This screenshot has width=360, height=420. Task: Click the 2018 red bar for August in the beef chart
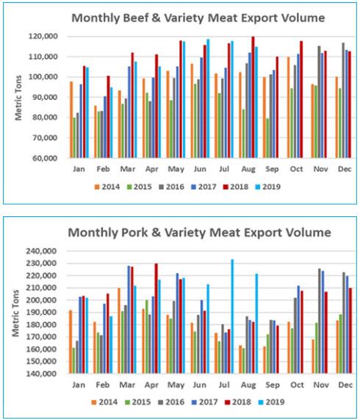click(x=253, y=97)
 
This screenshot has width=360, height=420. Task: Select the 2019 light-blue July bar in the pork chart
click(x=232, y=316)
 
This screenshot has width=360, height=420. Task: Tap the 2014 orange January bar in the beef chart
click(x=71, y=119)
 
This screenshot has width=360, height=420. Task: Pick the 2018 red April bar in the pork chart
click(x=156, y=318)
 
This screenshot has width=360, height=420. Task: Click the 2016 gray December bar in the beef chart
click(x=343, y=100)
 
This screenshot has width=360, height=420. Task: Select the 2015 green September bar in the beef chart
click(x=267, y=138)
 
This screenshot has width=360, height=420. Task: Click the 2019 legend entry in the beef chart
click(x=268, y=187)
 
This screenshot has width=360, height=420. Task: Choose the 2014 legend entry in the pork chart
click(x=104, y=402)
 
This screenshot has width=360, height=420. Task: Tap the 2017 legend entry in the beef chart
click(x=204, y=187)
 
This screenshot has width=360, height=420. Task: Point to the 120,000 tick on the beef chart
click(x=43, y=36)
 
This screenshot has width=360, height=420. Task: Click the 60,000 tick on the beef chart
click(x=45, y=157)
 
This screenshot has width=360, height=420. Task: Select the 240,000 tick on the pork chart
click(x=41, y=251)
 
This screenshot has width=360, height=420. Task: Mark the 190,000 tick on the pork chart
click(x=41, y=313)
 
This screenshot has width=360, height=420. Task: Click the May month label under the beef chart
click(x=176, y=169)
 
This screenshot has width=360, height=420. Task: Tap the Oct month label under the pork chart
click(x=297, y=385)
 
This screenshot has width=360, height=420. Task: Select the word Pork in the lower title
click(x=134, y=232)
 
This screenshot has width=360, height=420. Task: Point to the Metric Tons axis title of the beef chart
click(x=18, y=98)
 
